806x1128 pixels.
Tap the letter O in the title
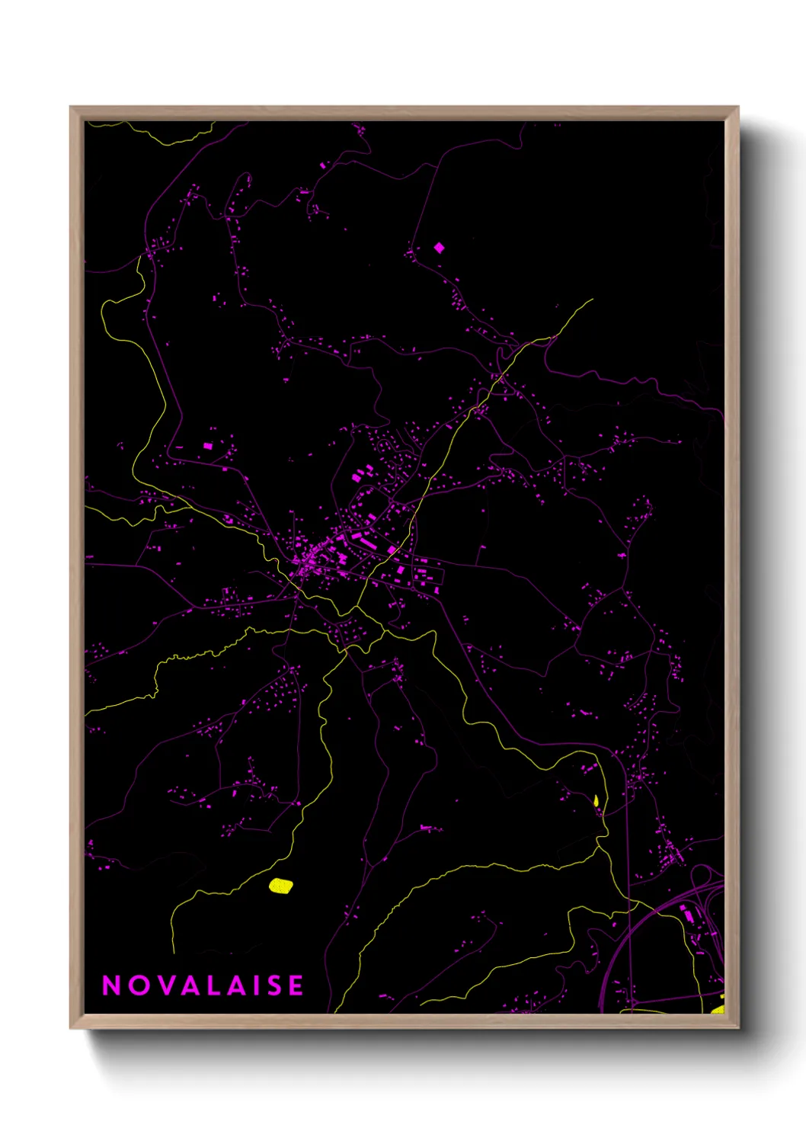(138, 985)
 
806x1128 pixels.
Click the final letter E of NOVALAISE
(296, 985)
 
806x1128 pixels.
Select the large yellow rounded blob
(281, 886)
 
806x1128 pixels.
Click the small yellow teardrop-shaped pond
(596, 801)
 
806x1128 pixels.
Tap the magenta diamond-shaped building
(439, 248)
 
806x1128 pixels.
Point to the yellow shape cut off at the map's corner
(718, 1009)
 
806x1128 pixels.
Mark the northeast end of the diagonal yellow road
(591, 300)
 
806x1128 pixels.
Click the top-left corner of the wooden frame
(71, 107)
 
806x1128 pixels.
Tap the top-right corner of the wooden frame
(737, 107)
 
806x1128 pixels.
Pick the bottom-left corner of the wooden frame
(71, 1027)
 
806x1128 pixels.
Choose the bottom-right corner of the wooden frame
(737, 1027)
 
